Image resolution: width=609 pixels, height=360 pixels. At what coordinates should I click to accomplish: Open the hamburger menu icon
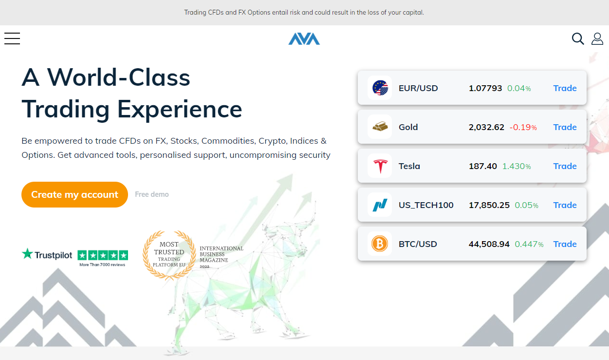[12, 38]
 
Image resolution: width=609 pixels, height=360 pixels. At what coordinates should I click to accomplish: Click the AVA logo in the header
[304, 39]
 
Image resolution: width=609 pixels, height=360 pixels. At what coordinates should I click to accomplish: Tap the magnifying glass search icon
[578, 39]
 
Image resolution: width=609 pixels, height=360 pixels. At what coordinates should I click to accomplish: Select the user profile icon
[597, 39]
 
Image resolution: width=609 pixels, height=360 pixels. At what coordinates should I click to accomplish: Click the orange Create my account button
[74, 194]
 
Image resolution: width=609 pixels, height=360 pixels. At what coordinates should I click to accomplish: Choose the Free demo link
[152, 194]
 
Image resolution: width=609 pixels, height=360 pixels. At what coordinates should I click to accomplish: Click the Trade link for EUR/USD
[565, 88]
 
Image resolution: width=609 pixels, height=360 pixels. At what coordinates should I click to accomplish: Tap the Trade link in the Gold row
[565, 127]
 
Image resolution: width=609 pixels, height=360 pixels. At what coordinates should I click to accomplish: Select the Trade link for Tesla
[565, 166]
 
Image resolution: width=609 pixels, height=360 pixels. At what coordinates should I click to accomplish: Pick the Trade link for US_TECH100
[565, 205]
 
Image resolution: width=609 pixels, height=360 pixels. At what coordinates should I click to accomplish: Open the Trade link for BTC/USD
[565, 244]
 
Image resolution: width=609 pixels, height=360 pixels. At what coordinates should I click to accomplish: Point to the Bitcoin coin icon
[380, 244]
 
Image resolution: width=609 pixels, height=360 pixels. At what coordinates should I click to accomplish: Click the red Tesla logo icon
[380, 166]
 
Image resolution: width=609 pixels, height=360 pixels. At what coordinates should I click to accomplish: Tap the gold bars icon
[380, 127]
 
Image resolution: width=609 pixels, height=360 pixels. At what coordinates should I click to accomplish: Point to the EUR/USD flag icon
[380, 88]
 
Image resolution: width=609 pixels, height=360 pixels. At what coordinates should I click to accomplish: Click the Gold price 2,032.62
[486, 127]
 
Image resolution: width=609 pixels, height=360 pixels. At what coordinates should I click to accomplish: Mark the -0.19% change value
[523, 127]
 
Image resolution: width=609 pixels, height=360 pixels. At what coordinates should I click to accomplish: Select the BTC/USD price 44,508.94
[489, 244]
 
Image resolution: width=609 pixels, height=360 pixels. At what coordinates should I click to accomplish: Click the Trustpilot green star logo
[27, 254]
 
